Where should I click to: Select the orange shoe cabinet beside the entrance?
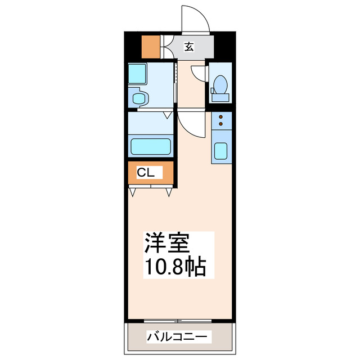(x=150, y=47)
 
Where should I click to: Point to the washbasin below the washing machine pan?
(x=138, y=98)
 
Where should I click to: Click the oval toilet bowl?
(x=220, y=85)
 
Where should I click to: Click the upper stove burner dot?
(x=220, y=116)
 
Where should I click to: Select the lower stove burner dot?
(x=220, y=123)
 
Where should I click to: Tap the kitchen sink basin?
(x=220, y=151)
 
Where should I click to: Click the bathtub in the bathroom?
(x=151, y=146)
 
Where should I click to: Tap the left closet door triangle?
(x=133, y=192)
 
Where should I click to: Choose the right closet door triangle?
(x=169, y=192)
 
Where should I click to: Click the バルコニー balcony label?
(x=178, y=337)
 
